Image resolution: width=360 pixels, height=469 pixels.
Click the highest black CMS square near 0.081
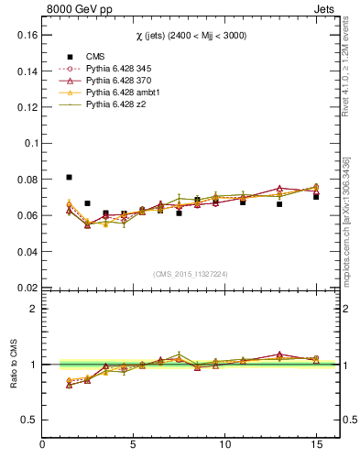70,177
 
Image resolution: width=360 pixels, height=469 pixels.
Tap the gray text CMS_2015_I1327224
189,274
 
